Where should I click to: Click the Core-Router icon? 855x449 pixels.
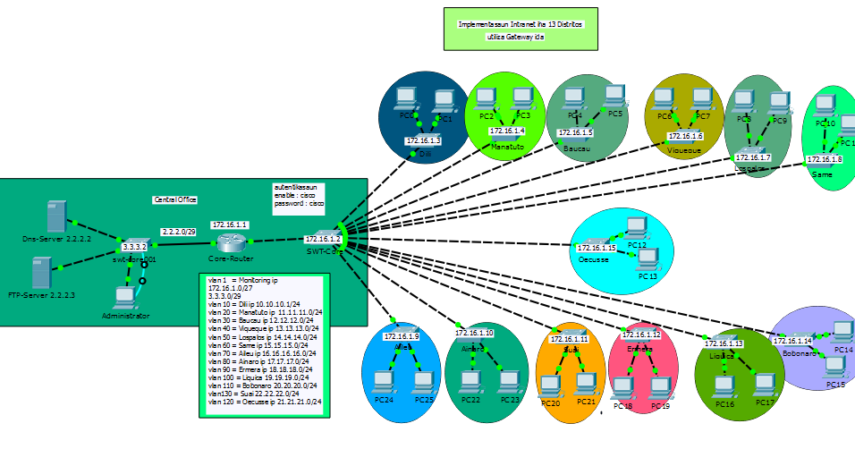click(x=230, y=242)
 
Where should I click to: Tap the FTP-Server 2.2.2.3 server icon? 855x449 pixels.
click(x=41, y=272)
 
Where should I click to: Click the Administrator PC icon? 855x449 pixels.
click(x=125, y=298)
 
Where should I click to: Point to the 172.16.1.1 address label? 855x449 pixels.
click(x=230, y=224)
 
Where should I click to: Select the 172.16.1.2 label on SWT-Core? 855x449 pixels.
click(x=322, y=239)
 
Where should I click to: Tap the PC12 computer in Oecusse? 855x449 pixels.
click(x=637, y=228)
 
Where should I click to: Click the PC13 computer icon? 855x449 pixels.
click(x=648, y=259)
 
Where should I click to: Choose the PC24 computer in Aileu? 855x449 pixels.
click(x=385, y=382)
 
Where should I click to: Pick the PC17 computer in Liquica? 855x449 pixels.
click(x=765, y=385)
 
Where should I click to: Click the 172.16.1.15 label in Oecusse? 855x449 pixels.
click(x=597, y=248)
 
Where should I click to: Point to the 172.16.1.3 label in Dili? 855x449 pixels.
click(x=423, y=140)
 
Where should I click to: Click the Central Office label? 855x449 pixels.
click(x=175, y=199)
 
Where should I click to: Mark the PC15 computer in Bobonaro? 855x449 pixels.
click(x=834, y=368)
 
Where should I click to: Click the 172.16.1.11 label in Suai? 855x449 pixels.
click(x=570, y=339)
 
